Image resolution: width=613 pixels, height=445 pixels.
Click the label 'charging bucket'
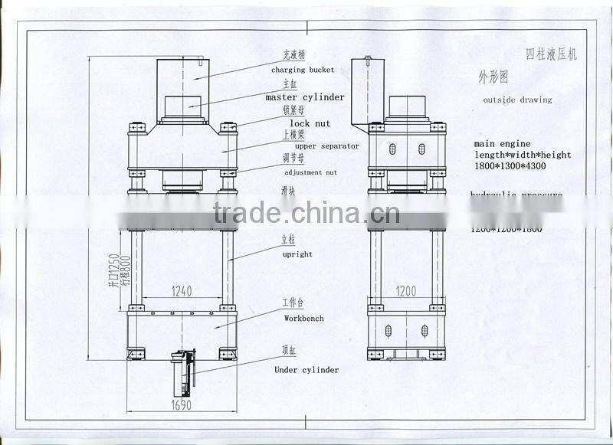point(303,70)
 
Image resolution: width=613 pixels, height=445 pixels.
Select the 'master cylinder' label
point(305,97)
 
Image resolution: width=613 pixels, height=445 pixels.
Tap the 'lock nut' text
point(310,123)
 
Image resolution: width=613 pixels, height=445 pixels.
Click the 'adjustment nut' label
point(310,172)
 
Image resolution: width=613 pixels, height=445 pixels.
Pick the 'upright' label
point(297,254)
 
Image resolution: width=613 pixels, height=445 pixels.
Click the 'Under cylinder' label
point(306,370)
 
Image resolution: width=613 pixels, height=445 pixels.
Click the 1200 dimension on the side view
point(405,291)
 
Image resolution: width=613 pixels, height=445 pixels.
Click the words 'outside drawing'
point(517,100)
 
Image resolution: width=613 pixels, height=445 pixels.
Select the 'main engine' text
point(502,143)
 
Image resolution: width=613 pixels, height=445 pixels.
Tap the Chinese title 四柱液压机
point(552,54)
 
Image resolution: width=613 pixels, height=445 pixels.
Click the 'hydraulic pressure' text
point(516,195)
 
